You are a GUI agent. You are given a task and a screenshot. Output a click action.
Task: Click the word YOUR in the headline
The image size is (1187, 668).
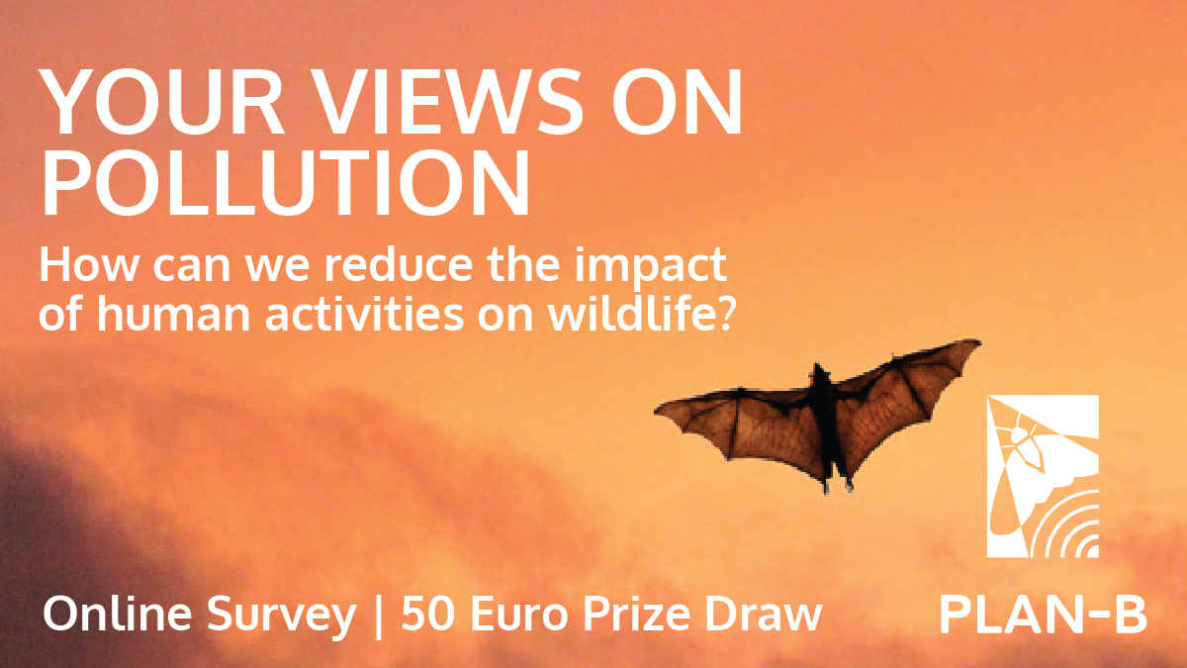click(162, 101)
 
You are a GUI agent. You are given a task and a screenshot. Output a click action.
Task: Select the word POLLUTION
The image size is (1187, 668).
click(286, 183)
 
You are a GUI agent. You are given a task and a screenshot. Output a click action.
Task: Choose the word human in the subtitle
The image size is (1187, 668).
click(173, 314)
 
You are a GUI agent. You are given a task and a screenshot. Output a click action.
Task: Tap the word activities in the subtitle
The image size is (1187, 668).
click(365, 314)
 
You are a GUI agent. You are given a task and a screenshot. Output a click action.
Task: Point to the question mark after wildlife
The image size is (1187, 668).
click(722, 315)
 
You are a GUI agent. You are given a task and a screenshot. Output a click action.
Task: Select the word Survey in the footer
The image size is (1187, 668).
click(281, 616)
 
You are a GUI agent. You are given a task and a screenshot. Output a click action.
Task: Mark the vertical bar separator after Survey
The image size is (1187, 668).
click(378, 618)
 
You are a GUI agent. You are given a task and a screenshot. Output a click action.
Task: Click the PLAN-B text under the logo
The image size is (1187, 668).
click(1043, 615)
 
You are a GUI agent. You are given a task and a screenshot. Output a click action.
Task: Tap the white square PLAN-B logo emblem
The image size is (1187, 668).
click(1043, 476)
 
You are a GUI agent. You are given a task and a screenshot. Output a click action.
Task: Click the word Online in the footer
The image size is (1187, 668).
click(117, 614)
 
